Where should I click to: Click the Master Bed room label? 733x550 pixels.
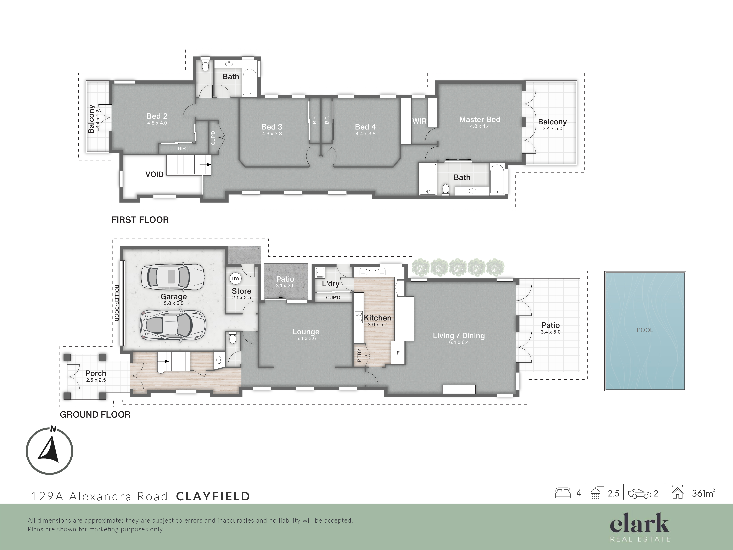tap(480, 119)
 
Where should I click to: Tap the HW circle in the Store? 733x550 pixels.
tap(235, 279)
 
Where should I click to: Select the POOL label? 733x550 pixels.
tap(645, 330)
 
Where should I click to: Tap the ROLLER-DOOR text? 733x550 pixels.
tap(117, 303)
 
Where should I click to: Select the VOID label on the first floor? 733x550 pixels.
tap(154, 174)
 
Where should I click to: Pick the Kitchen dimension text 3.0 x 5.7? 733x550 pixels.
tap(377, 325)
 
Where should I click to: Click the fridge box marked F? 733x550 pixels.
tap(398, 353)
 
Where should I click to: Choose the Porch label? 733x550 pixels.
tap(96, 373)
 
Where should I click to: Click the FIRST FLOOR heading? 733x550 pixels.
tap(140, 220)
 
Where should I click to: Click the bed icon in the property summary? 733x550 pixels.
tap(563, 493)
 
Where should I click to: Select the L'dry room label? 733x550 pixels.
tap(330, 284)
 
